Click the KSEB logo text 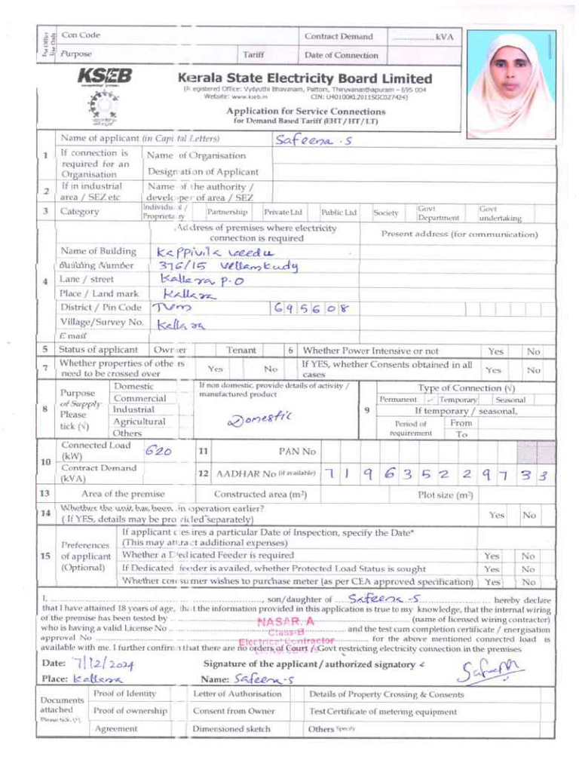pyautogui.click(x=104, y=76)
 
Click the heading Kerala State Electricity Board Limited pyautogui.click(x=305, y=78)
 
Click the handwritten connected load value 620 pyautogui.click(x=159, y=450)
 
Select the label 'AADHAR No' pyautogui.click(x=245, y=474)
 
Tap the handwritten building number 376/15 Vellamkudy pyautogui.click(x=228, y=267)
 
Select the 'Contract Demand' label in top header pyautogui.click(x=339, y=36)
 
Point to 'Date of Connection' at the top pyautogui.click(x=341, y=55)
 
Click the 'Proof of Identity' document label pyautogui.click(x=124, y=693)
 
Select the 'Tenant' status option pyautogui.click(x=241, y=351)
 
